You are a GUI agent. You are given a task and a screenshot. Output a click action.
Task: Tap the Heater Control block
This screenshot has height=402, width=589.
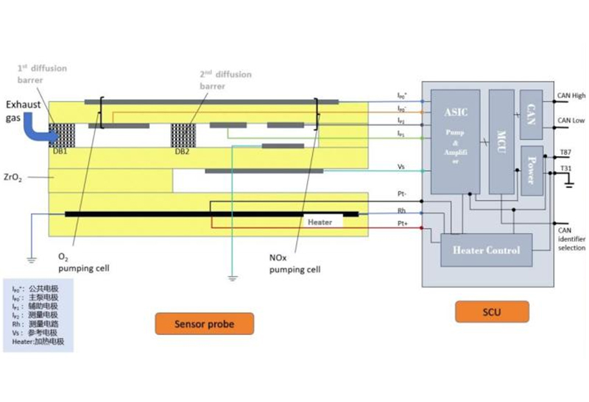[x=486, y=250]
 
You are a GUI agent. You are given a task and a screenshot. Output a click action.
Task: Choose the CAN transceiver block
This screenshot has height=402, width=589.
[x=531, y=114]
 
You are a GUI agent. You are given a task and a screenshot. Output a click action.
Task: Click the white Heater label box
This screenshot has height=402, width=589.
[x=320, y=222]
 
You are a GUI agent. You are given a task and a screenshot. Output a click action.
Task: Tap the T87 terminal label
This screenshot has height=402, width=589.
[x=566, y=152]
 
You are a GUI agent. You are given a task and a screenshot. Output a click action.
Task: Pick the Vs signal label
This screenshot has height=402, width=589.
[x=401, y=167]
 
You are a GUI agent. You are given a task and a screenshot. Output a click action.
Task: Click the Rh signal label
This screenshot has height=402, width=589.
[x=401, y=211]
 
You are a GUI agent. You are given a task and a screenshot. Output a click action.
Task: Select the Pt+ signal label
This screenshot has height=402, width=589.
[x=401, y=222]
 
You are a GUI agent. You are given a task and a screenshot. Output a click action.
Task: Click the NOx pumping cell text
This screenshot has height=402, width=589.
[x=294, y=264]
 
